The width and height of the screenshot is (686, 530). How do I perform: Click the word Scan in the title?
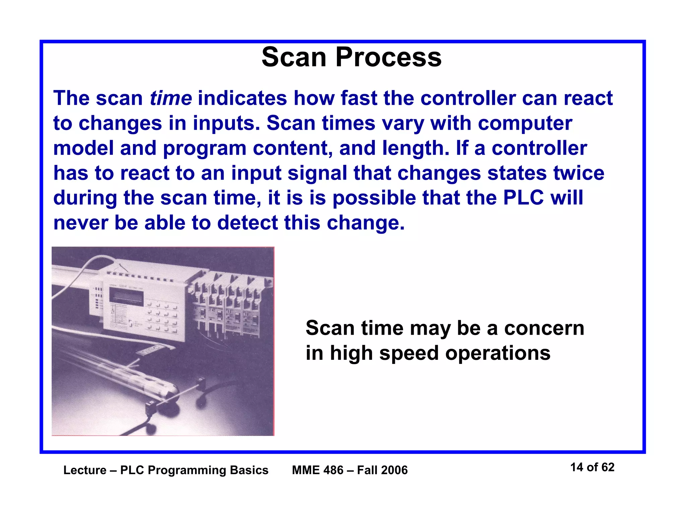point(293,57)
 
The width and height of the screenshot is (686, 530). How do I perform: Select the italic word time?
point(170,98)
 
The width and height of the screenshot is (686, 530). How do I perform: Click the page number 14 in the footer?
point(577,467)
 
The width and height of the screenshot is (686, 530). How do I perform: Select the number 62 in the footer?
point(608,467)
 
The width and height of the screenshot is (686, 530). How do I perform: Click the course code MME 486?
point(318,470)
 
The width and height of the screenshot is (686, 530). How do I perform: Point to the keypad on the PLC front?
point(162,318)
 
